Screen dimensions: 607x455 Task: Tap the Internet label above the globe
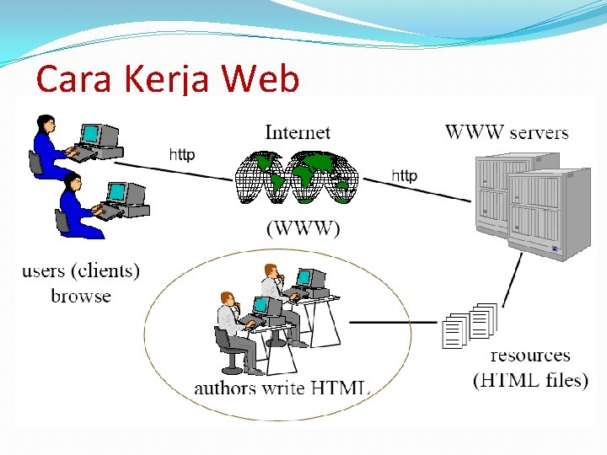(298, 132)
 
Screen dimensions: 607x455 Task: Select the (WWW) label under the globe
(303, 228)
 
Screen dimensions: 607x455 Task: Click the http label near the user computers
(182, 154)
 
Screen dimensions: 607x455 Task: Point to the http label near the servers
(404, 175)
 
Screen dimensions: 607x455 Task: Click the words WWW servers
(507, 132)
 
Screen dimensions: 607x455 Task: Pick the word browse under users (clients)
(81, 296)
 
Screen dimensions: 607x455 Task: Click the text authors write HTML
(282, 388)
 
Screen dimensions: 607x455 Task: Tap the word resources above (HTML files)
(529, 355)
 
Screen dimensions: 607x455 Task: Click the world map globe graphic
(296, 179)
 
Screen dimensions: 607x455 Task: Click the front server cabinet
(548, 215)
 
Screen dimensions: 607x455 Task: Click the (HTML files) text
(530, 380)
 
